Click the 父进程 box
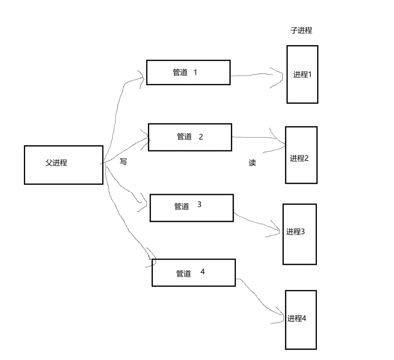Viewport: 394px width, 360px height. coord(63,165)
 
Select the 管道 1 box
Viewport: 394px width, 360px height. coord(188,72)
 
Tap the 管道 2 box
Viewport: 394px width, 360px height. coord(190,137)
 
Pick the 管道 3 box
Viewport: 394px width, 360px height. coord(191,208)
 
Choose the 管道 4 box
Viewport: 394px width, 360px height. coord(193,273)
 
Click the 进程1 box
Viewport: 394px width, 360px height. coord(302,75)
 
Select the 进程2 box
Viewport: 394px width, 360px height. coord(301,155)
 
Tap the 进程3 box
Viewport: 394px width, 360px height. coord(300,234)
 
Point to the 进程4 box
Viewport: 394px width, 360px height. coord(301,320)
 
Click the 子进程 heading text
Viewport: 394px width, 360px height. coord(301,30)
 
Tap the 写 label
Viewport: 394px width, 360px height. coord(123,162)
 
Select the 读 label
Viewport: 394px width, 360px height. coord(252,163)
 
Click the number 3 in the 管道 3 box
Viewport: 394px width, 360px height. coord(199,204)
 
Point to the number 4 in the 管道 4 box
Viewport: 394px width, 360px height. coord(202,271)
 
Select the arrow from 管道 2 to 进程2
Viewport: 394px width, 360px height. coord(257,137)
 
